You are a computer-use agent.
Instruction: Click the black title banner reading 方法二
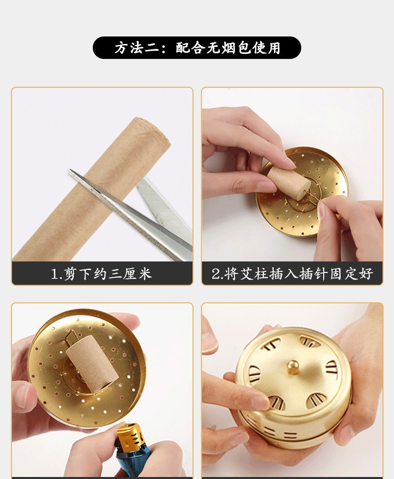(x=197, y=48)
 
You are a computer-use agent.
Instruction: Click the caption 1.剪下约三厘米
(x=101, y=273)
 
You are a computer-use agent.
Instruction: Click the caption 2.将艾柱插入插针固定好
(x=292, y=273)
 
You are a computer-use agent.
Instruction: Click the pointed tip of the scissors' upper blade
(x=70, y=171)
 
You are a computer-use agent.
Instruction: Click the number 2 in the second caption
(x=215, y=274)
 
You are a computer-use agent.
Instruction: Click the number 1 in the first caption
(x=55, y=274)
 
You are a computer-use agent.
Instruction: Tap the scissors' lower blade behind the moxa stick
(x=165, y=208)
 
